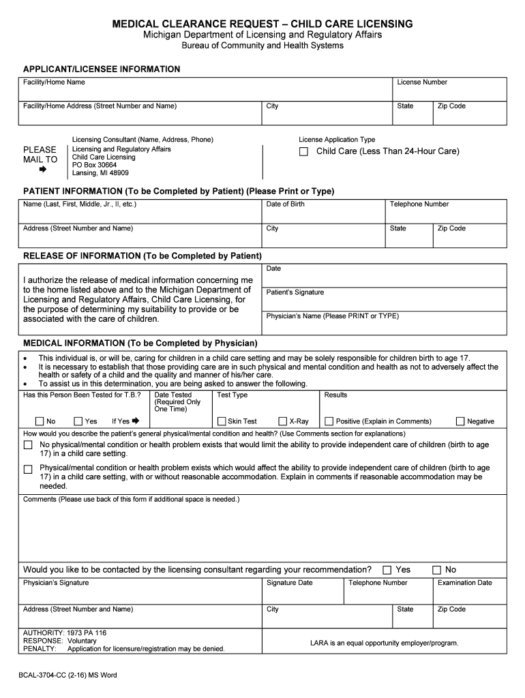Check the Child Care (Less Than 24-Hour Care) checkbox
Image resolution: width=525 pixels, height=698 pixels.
pyautogui.click(x=303, y=151)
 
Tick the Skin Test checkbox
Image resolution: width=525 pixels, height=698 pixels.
pyautogui.click(x=221, y=421)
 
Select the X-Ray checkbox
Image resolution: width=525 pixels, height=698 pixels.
pyautogui.click(x=282, y=421)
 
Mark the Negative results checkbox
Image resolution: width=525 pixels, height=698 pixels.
pyautogui.click(x=460, y=421)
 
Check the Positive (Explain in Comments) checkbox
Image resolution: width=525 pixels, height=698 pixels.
pyautogui.click(x=329, y=421)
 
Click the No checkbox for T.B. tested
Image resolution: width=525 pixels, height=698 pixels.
pyautogui.click(x=40, y=421)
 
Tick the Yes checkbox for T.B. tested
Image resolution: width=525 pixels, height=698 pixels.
pyautogui.click(x=78, y=421)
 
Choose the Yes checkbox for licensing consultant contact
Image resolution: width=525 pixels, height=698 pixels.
pyautogui.click(x=387, y=570)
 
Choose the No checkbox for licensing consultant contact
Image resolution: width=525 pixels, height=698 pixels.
pyautogui.click(x=437, y=570)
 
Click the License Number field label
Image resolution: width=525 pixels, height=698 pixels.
pyautogui.click(x=422, y=82)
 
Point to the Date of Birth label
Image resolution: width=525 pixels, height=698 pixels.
pyautogui.click(x=285, y=204)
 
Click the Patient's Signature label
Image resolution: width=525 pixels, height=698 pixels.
pyautogui.click(x=295, y=292)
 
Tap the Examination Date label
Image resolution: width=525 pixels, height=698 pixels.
pyautogui.click(x=464, y=583)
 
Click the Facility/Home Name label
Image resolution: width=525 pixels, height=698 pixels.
pyautogui.click(x=54, y=82)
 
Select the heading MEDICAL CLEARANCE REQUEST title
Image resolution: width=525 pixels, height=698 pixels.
pyautogui.click(x=262, y=24)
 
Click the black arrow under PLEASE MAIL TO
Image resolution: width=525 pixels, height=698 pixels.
pyautogui.click(x=42, y=170)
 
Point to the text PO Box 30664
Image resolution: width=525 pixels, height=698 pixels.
pyautogui.click(x=94, y=165)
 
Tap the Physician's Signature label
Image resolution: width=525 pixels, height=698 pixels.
pyautogui.click(x=56, y=583)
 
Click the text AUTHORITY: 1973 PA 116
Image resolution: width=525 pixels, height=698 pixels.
pyautogui.click(x=65, y=633)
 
